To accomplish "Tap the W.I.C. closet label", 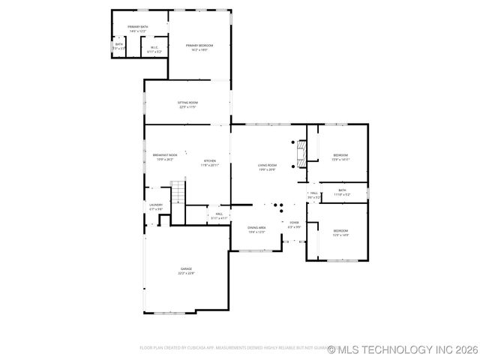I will pyautogui.click(x=154, y=49).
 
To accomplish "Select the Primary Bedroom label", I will pyautogui.click(x=199, y=47).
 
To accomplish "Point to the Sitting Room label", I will pyautogui.click(x=187, y=104).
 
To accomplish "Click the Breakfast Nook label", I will pyautogui.click(x=164, y=157).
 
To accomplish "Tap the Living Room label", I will pyautogui.click(x=268, y=167).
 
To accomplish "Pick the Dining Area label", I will pyautogui.click(x=257, y=229).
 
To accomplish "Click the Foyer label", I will pyautogui.click(x=294, y=224).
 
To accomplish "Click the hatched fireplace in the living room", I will pyautogui.click(x=301, y=153).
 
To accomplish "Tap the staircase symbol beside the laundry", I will pyautogui.click(x=177, y=193).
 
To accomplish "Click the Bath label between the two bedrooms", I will pyautogui.click(x=341, y=192).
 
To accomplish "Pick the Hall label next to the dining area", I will pyautogui.click(x=220, y=216).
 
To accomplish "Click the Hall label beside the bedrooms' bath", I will pyautogui.click(x=315, y=196).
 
